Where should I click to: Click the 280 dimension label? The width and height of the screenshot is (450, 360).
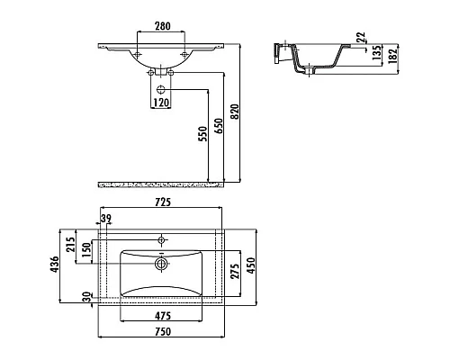pyautogui.click(x=163, y=26)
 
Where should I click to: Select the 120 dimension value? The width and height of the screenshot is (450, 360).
pyautogui.click(x=161, y=103)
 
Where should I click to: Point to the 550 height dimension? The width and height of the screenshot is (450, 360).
pyautogui.click(x=202, y=134)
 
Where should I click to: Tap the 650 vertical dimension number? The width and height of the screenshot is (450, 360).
pyautogui.click(x=219, y=126)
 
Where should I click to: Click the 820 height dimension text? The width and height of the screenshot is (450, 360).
pyautogui.click(x=235, y=112)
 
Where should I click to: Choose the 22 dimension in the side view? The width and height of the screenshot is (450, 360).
pyautogui.click(x=361, y=37)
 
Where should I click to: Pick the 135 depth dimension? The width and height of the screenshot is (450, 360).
pyautogui.click(x=377, y=52)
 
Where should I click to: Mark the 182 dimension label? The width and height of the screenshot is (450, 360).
pyautogui.click(x=392, y=56)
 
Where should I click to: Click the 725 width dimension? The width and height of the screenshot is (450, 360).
pyautogui.click(x=163, y=202)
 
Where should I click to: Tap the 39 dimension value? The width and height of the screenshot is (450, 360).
pyautogui.click(x=105, y=218)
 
